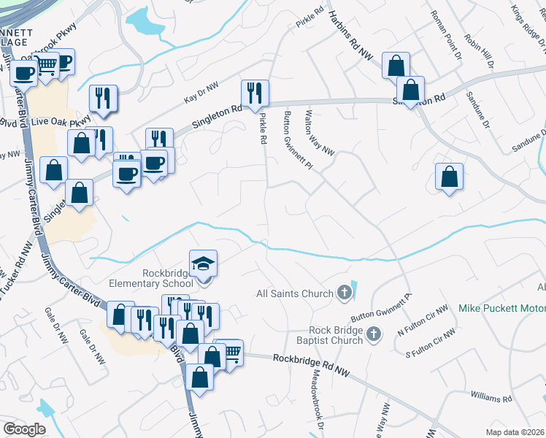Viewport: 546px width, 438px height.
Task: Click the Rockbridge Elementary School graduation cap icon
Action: pyautogui.click(x=204, y=263)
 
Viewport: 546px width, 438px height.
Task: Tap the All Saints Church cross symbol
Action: pyautogui.click(x=345, y=293)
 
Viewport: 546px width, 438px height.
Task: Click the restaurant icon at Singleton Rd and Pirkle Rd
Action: pyautogui.click(x=255, y=92)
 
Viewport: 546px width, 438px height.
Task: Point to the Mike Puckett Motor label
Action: pyautogui.click(x=501, y=308)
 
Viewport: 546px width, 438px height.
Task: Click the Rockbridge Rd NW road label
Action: pyautogui.click(x=312, y=365)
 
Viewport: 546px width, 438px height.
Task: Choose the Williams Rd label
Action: pyautogui.click(x=491, y=399)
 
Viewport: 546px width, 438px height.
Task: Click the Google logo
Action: pyautogui.click(x=24, y=429)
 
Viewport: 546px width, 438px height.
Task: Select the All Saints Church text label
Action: pyautogui.click(x=296, y=294)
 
